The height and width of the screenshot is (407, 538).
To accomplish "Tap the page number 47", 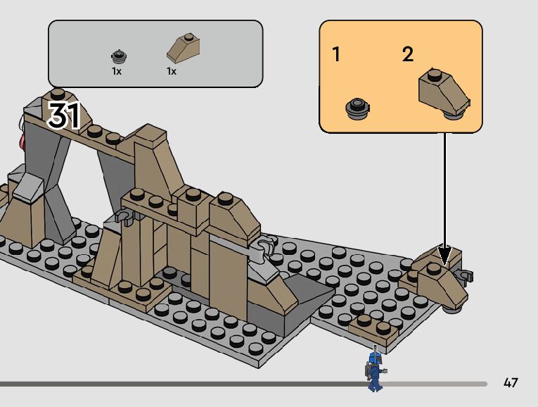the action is (511, 383).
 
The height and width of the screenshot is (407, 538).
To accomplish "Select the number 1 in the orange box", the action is (336, 54).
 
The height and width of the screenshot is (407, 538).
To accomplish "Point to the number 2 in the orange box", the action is (408, 54).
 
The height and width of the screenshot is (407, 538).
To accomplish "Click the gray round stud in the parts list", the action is (117, 56).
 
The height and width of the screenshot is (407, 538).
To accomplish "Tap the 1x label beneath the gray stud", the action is (117, 71).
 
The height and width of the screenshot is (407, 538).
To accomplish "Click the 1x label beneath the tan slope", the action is (171, 71).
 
